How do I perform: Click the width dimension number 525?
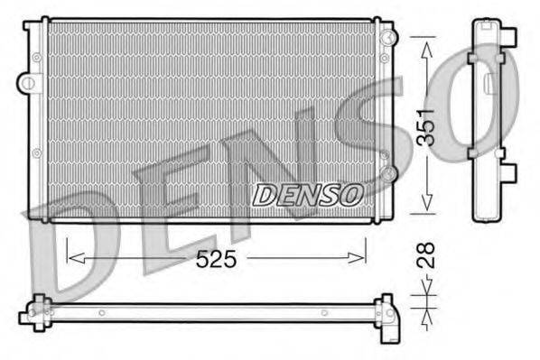coord(218,259)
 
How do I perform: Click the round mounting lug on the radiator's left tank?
coord(30,84)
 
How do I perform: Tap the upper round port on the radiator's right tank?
coord(387,37)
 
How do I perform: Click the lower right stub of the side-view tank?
coord(512,171)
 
